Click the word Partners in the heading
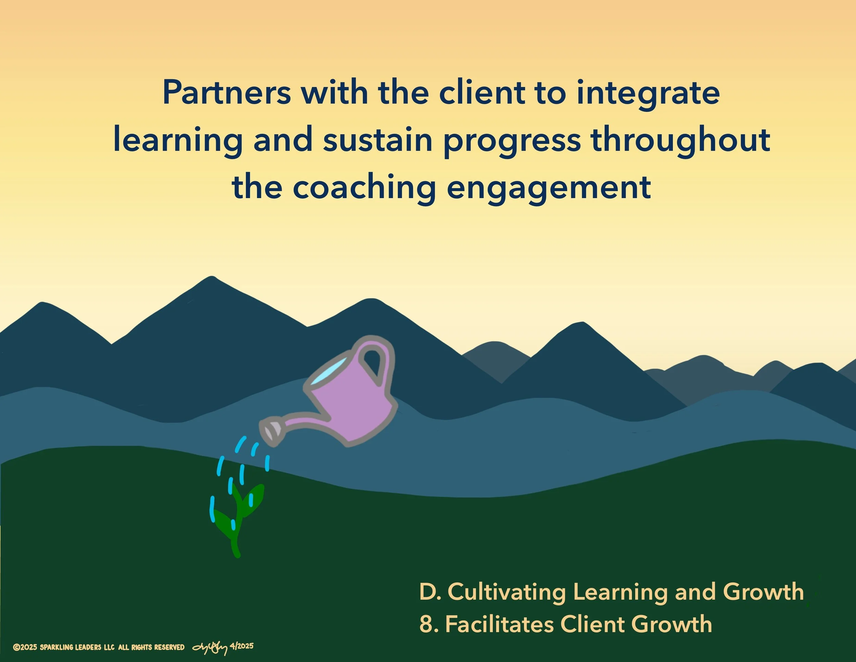pyautogui.click(x=227, y=93)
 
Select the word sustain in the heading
pyautogui.click(x=377, y=140)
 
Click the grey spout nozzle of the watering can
pyautogui.click(x=272, y=432)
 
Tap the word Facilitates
pyautogui.click(x=499, y=624)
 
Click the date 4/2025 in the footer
pyautogui.click(x=242, y=646)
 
